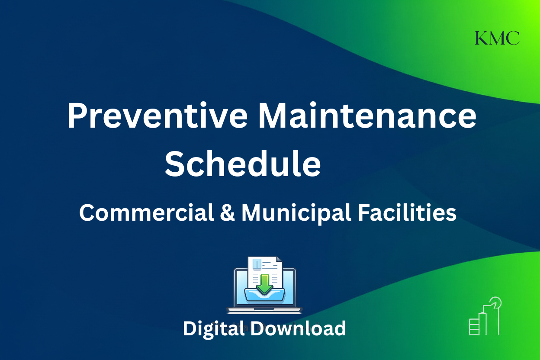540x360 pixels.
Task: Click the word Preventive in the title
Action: coord(157,116)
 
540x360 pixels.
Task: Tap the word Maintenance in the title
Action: coord(366,116)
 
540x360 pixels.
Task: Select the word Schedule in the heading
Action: coord(243,164)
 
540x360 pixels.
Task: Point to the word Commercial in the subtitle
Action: coord(147,213)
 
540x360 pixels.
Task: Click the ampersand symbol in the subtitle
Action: coord(228,213)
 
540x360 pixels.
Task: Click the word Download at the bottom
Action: coord(298,328)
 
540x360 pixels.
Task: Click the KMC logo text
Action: coord(497,38)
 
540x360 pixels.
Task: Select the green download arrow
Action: coord(264,283)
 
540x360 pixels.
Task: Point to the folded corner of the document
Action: coord(278,260)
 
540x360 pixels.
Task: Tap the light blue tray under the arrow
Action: coord(264,297)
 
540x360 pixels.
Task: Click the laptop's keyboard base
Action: coord(264,310)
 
